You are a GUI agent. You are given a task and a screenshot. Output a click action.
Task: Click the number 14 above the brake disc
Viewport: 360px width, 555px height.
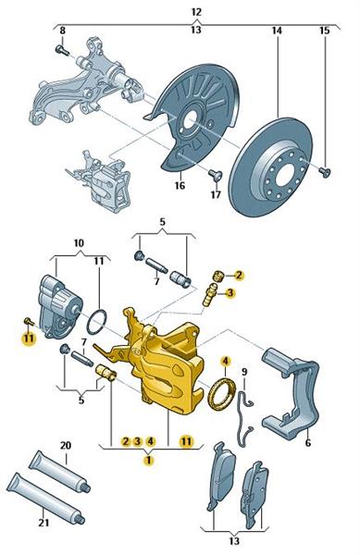[x=277, y=31]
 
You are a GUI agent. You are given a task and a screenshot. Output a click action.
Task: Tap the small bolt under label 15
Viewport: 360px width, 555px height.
[x=325, y=172]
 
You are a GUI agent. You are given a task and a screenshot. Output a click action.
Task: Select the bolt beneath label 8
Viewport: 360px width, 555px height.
[x=63, y=50]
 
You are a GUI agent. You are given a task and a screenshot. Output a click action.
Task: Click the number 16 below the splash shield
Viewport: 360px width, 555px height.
[x=180, y=185]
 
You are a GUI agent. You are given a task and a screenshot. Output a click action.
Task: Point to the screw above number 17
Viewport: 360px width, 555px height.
[x=215, y=175]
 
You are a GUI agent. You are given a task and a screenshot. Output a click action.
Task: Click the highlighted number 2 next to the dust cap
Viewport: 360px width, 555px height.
[x=239, y=275]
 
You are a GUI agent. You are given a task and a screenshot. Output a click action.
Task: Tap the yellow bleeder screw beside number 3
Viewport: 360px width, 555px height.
[x=210, y=295]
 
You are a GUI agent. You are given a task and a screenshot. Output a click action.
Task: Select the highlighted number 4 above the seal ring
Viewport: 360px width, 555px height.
[x=226, y=361]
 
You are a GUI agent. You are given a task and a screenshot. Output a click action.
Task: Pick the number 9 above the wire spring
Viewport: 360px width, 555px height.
[x=244, y=372]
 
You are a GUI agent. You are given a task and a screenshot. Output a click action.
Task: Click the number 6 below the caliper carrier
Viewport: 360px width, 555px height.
[x=308, y=442]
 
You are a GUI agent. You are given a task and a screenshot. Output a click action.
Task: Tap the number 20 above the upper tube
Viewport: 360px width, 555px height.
[x=66, y=445]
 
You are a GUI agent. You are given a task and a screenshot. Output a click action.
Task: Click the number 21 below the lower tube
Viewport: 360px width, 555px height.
[x=43, y=522]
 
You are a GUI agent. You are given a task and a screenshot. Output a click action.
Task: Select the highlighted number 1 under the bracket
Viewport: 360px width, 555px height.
[x=149, y=460]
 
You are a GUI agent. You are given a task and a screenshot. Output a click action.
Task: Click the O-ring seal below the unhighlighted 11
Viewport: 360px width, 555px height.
[x=96, y=322]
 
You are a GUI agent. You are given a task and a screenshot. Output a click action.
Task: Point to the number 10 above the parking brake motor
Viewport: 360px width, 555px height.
[x=79, y=243]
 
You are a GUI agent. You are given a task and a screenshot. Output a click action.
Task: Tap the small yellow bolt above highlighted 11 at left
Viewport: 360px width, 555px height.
[x=29, y=321]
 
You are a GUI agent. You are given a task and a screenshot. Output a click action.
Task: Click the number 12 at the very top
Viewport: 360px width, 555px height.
[x=196, y=12]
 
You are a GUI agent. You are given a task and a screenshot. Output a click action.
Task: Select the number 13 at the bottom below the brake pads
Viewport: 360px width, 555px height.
[x=234, y=541]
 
